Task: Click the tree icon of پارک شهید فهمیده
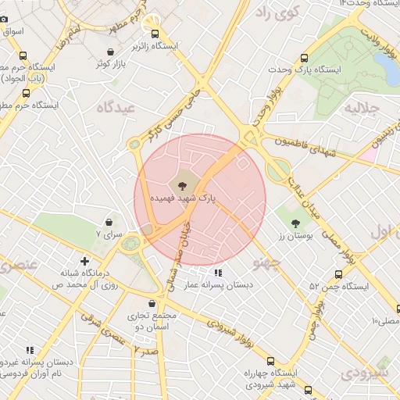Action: point(182,185)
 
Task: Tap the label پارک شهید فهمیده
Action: point(184,200)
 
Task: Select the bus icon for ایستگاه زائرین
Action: point(155,34)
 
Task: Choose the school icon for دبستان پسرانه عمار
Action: point(218,273)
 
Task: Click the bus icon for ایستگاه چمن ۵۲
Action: point(338,274)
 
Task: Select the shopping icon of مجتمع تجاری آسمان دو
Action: point(152,303)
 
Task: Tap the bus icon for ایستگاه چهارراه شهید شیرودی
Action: point(270,361)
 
